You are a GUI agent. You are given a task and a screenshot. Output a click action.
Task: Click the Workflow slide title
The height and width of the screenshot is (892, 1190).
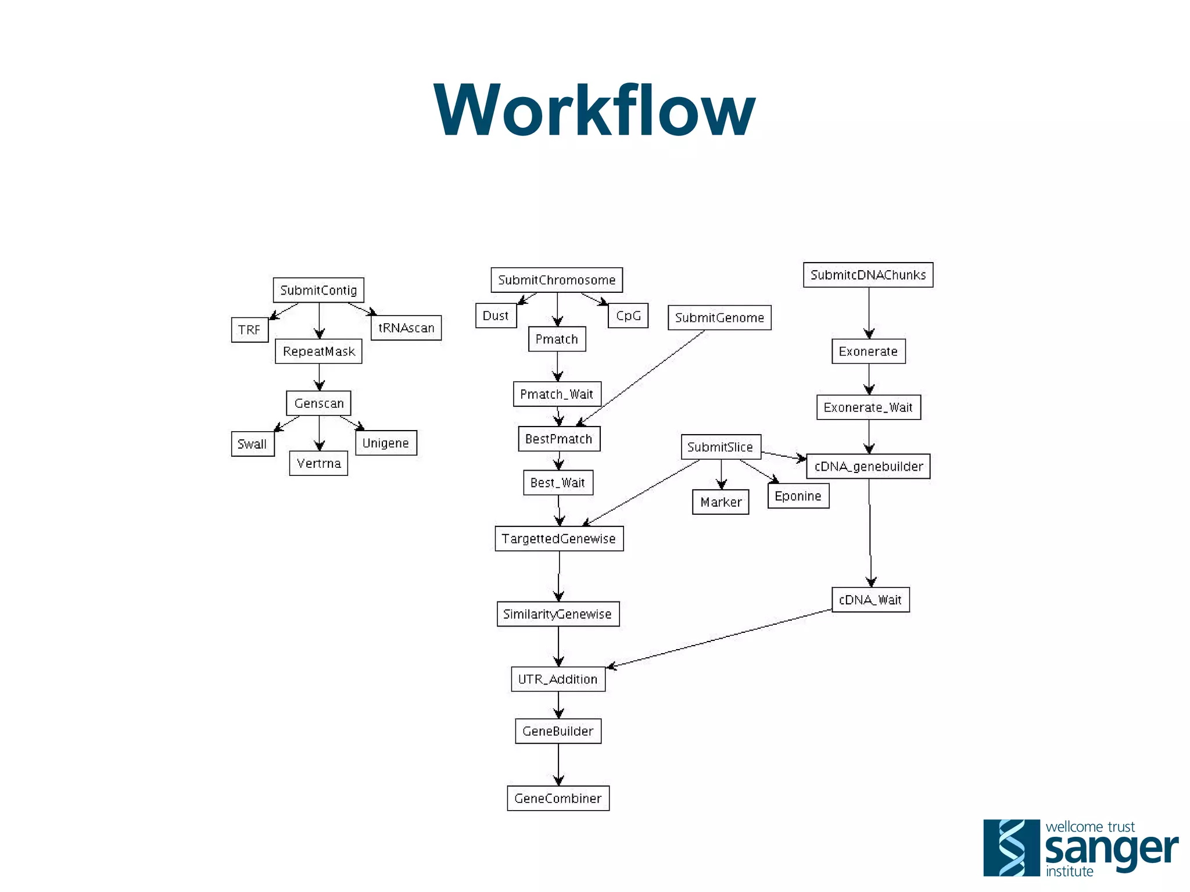(594, 110)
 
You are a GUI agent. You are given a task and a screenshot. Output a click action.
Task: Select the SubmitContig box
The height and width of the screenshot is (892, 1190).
(318, 290)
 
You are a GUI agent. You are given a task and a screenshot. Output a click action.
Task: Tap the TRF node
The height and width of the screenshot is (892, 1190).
(249, 329)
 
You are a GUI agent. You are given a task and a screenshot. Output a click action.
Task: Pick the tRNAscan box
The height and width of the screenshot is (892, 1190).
(406, 328)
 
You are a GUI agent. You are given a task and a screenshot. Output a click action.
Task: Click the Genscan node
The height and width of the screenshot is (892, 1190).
(318, 403)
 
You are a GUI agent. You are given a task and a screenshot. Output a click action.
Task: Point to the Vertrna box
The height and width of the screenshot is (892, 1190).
(318, 463)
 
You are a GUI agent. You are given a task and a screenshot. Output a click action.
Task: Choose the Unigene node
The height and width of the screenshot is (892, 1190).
(386, 443)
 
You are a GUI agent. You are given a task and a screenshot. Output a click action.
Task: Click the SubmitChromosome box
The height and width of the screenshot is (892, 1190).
(557, 280)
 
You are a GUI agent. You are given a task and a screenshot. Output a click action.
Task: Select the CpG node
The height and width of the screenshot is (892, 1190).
(628, 316)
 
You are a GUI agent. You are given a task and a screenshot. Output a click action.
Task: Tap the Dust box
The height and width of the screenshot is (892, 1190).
(496, 316)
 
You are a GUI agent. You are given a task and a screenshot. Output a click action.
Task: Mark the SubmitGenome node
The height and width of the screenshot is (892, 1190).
(719, 317)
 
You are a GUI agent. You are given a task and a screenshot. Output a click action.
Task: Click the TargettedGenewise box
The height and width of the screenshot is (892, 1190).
(559, 539)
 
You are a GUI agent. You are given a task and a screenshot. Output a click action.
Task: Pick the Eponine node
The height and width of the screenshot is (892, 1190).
(798, 496)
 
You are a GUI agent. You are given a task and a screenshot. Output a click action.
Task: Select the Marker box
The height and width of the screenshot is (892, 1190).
(721, 502)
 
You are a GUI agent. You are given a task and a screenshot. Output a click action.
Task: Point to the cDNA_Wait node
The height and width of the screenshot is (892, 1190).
(870, 600)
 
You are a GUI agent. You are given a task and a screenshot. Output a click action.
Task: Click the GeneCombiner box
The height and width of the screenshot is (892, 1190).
(558, 798)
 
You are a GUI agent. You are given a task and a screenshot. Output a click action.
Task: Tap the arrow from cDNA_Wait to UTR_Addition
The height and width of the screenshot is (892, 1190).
(721, 638)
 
